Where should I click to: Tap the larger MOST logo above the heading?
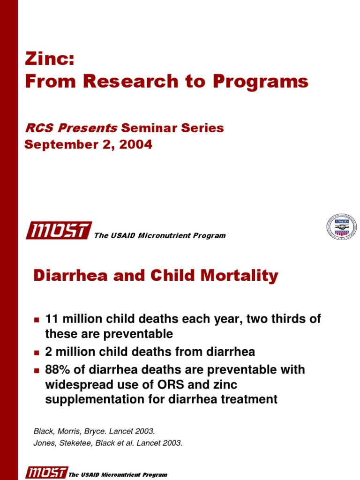(59, 231)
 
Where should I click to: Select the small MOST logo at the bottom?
(46, 472)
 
